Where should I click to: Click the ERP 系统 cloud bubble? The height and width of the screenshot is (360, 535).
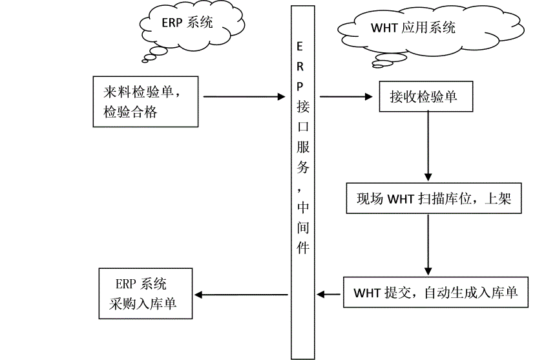pyautogui.click(x=177, y=23)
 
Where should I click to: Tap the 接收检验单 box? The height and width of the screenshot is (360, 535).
pyautogui.click(x=423, y=97)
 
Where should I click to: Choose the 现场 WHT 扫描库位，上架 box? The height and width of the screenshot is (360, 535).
pyautogui.click(x=434, y=199)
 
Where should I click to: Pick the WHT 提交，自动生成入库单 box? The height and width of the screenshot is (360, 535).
pyautogui.click(x=435, y=293)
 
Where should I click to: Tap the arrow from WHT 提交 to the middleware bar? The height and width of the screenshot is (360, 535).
pyautogui.click(x=330, y=295)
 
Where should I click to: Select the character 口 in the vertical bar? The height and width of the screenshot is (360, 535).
pyautogui.click(x=302, y=125)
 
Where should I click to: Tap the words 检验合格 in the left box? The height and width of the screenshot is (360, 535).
pyautogui.click(x=129, y=112)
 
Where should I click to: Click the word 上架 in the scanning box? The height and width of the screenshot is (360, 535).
pyautogui.click(x=498, y=199)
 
